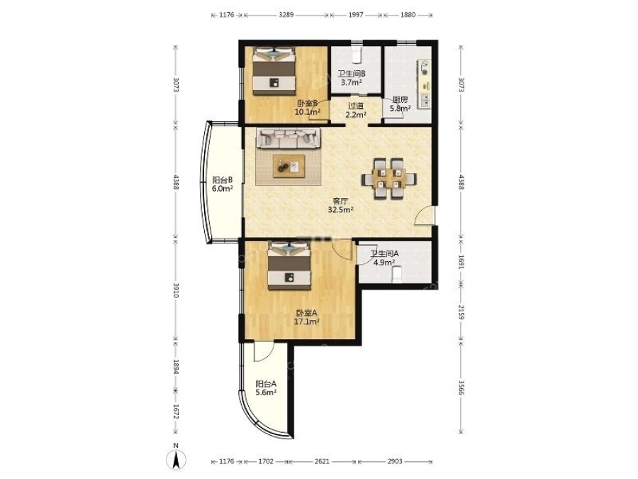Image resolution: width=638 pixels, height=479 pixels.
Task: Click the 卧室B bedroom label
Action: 307,108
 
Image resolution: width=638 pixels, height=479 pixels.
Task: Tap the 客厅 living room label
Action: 340,205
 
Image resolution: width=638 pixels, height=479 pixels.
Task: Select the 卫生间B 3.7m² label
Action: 352,78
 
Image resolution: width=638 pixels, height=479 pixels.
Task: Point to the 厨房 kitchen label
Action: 400,104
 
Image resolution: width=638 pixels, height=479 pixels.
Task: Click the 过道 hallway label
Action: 356,111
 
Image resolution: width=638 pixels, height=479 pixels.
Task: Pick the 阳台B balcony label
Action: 223,184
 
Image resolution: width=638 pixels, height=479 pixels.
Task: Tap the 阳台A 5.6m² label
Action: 266,387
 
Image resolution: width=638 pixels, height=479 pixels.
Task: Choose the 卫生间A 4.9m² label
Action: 384,258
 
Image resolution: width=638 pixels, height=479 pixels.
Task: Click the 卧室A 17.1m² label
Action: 307,317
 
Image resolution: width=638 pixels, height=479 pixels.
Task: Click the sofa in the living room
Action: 288,138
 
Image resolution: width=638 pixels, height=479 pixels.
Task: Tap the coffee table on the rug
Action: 289,166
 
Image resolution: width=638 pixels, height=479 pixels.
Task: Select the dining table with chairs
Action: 389,178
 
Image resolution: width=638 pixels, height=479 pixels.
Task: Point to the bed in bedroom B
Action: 274,71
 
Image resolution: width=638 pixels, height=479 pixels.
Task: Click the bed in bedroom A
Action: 289,266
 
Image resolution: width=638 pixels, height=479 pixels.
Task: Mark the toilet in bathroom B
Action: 357,55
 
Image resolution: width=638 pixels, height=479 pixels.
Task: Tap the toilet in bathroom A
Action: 397,274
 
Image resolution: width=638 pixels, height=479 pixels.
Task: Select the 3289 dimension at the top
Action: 286,15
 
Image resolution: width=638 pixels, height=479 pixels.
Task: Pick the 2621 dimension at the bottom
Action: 322,461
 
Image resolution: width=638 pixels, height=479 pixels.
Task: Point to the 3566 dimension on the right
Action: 461,387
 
